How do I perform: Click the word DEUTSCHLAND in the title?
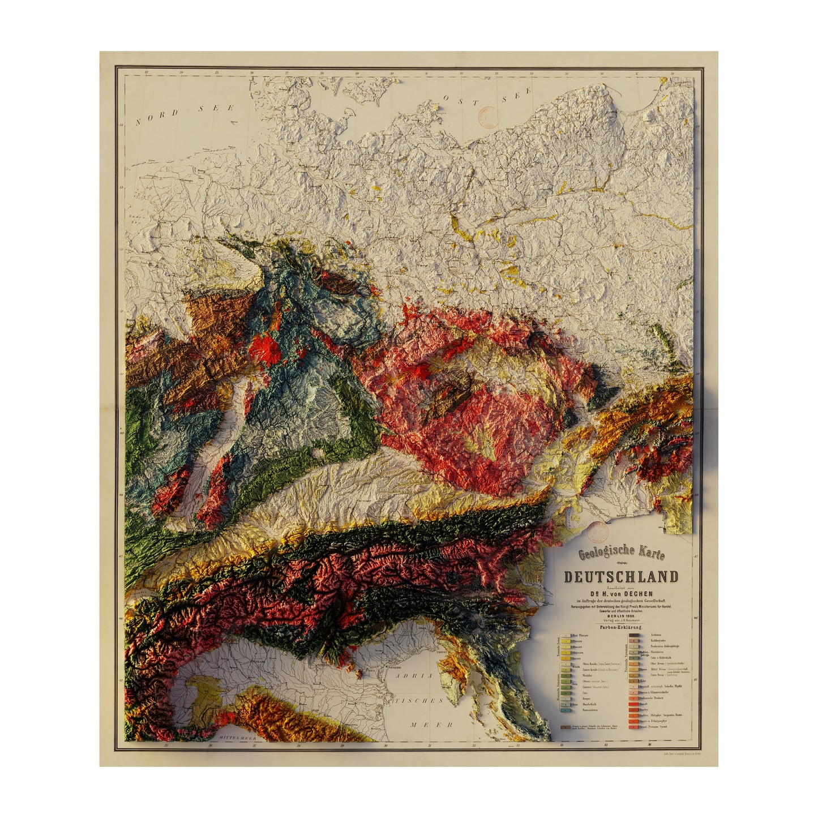point(620,577)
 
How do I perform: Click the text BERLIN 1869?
point(620,615)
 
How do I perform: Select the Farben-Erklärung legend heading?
point(621,627)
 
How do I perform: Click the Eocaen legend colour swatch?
point(565,659)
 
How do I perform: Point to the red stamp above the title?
point(597,532)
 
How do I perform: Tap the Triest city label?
point(442,652)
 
